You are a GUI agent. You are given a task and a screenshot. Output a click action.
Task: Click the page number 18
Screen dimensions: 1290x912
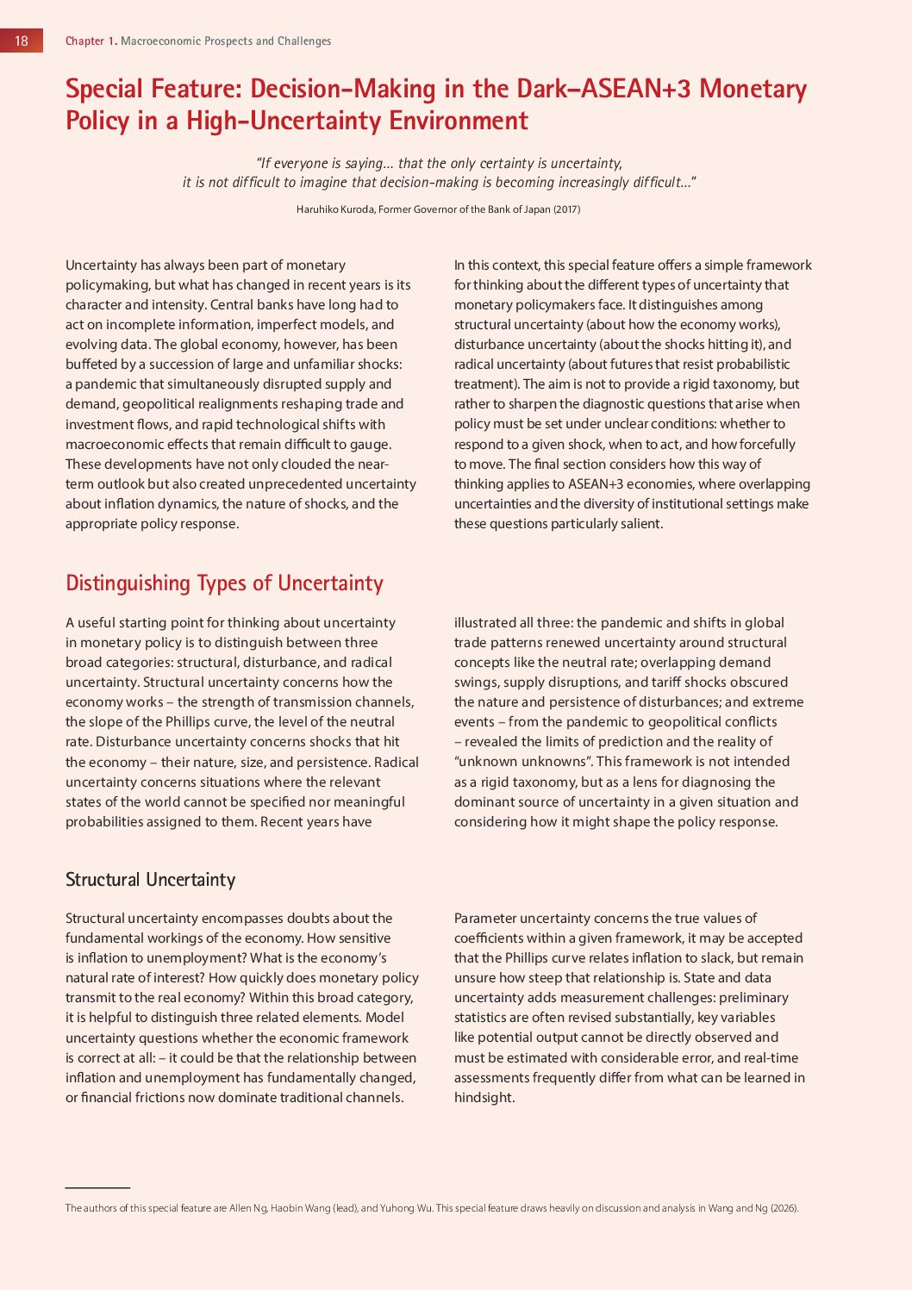[22, 41]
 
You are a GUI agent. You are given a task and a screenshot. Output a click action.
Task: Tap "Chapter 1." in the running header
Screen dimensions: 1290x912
[91, 41]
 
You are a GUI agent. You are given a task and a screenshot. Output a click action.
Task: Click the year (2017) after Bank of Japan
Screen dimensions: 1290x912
[566, 209]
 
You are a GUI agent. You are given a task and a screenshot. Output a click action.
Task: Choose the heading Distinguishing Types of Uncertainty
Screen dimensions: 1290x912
[224, 583]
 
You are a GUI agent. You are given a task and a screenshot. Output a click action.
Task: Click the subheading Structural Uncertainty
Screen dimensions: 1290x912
[150, 880]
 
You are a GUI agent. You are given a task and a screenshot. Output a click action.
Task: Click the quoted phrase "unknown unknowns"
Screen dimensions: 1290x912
[523, 762]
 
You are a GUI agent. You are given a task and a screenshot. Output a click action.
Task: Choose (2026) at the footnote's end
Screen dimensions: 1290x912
[784, 1208]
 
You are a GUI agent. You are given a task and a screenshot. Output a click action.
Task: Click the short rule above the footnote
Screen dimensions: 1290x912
[97, 1188]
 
